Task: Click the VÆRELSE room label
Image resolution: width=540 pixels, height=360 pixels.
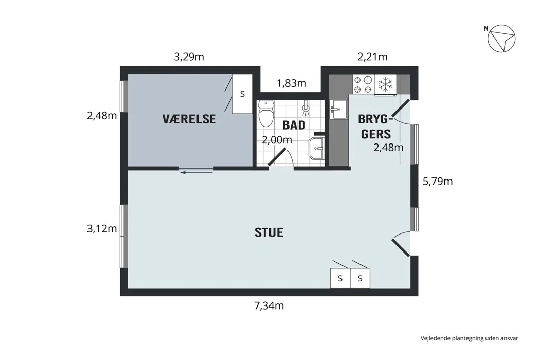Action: tap(189, 119)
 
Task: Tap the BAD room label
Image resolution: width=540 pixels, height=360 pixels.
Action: tap(294, 125)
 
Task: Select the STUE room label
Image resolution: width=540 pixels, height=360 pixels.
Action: tap(269, 232)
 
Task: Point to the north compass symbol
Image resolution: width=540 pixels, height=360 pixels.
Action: tap(501, 39)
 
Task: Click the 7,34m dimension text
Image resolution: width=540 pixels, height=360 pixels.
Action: tap(269, 305)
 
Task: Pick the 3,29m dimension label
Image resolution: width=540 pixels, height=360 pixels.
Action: tap(189, 57)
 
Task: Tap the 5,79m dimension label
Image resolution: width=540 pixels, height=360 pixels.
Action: tap(438, 182)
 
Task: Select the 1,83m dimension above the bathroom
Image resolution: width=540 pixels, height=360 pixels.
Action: tap(292, 83)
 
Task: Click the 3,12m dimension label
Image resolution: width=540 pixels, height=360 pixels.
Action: tap(102, 229)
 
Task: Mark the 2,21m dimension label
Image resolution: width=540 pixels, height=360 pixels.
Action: tap(373, 57)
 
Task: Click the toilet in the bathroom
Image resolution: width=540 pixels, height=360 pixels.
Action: tap(265, 113)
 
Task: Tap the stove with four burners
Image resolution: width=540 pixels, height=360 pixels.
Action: tap(363, 84)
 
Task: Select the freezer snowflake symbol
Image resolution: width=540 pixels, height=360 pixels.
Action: tap(385, 84)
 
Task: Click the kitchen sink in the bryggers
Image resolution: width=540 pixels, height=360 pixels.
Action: tap(338, 109)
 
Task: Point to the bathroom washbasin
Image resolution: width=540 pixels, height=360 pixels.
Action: tap(316, 149)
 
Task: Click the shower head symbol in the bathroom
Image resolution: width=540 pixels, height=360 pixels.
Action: tap(305, 108)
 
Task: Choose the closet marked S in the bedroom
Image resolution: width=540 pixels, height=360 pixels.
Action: tap(242, 94)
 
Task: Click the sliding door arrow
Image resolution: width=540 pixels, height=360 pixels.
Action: tap(196, 172)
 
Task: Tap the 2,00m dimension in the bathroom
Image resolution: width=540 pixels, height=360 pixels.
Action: tap(277, 140)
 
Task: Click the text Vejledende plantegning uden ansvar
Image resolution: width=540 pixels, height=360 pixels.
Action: tap(469, 338)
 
